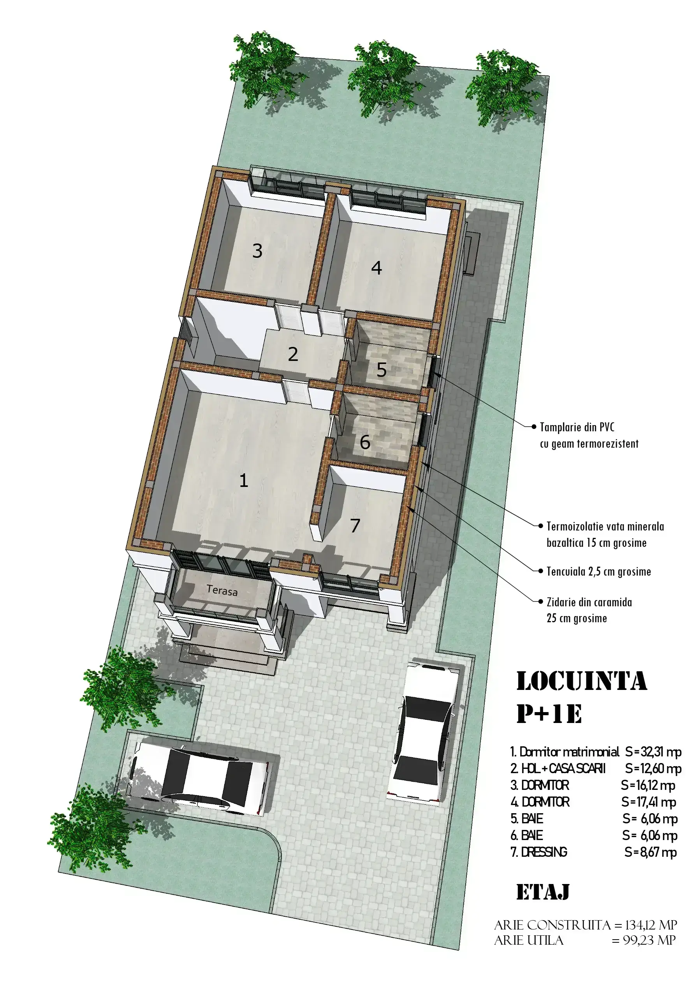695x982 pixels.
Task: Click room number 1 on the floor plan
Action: pyautogui.click(x=244, y=480)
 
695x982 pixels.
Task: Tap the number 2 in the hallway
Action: pyautogui.click(x=293, y=354)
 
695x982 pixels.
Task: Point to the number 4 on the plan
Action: pyautogui.click(x=377, y=268)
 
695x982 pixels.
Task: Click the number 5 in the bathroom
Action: pyautogui.click(x=382, y=369)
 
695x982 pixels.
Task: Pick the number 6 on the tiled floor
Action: pyautogui.click(x=365, y=442)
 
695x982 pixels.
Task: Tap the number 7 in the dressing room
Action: pyautogui.click(x=355, y=526)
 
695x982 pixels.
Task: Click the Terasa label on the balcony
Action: pyautogui.click(x=222, y=591)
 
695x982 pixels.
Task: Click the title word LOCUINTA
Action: pyautogui.click(x=582, y=681)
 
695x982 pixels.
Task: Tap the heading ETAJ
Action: pyautogui.click(x=543, y=892)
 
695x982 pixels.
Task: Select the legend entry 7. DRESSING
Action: pyautogui.click(x=539, y=852)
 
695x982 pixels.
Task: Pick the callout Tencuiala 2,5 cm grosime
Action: pyautogui.click(x=599, y=571)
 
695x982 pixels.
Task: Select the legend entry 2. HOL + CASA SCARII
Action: pyautogui.click(x=558, y=768)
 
